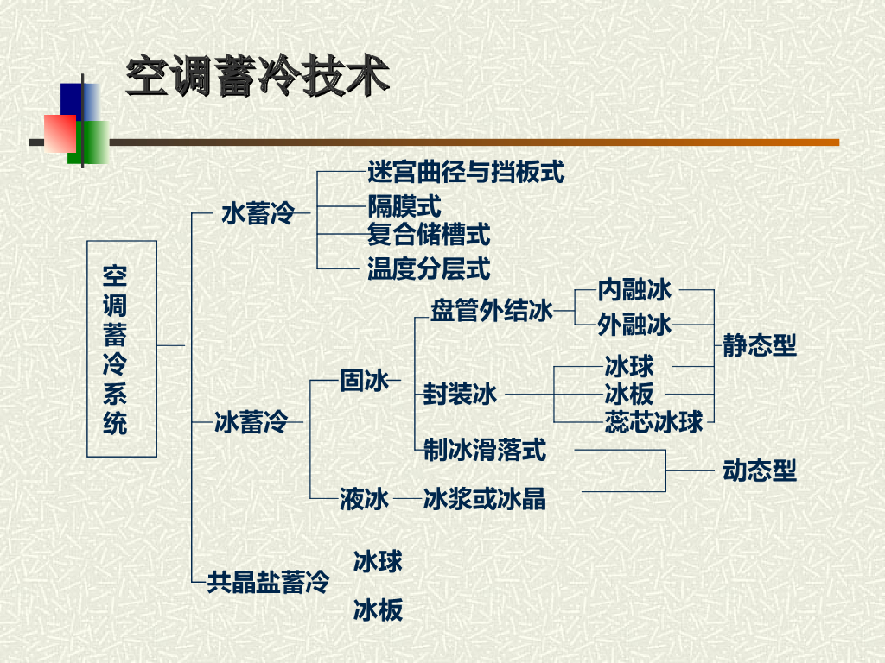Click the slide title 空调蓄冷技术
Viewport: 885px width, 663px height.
pos(257,78)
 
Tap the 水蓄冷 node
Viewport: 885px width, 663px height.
pos(258,212)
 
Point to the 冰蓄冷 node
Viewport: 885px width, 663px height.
pos(251,422)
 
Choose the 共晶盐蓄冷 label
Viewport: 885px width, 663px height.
pos(268,582)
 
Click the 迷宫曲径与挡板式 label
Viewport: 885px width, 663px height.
pos(466,173)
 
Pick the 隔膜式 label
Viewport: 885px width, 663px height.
pos(404,206)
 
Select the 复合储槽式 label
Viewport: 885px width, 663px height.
pos(429,233)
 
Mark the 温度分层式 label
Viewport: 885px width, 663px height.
pos(429,268)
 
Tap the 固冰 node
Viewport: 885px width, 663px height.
pos(365,380)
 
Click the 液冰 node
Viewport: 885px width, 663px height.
pos(364,499)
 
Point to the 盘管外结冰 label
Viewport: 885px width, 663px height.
pos(491,311)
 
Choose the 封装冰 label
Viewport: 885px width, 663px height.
pos(461,395)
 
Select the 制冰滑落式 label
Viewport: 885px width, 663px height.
pos(485,449)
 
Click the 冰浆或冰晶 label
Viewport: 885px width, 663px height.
pos(485,499)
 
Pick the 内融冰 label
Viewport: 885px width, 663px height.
pos(634,289)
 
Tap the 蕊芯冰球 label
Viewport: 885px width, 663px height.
pos(654,422)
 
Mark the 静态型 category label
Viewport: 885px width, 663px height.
pos(760,346)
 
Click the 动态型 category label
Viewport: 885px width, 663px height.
pos(760,471)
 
